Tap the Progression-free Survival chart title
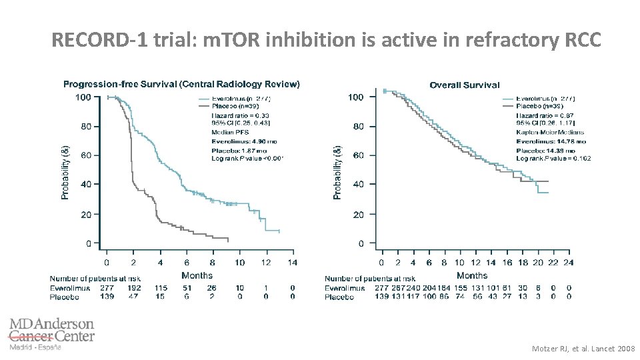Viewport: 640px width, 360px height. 181,84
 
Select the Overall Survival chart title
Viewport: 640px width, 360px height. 465,85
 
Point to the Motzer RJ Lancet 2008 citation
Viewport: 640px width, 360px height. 583,349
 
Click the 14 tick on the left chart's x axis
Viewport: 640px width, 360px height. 293,262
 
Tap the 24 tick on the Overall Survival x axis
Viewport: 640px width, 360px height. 568,262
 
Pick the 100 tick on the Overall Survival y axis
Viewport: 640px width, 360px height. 357,97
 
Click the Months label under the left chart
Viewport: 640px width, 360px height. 197,275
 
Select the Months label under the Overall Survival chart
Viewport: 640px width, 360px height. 472,275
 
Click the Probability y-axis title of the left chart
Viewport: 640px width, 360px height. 65,172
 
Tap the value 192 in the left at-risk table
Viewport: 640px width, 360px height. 134,287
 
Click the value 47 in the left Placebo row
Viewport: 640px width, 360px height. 134,296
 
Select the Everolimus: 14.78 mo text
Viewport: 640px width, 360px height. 551,141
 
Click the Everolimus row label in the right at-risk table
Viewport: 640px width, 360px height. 345,287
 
